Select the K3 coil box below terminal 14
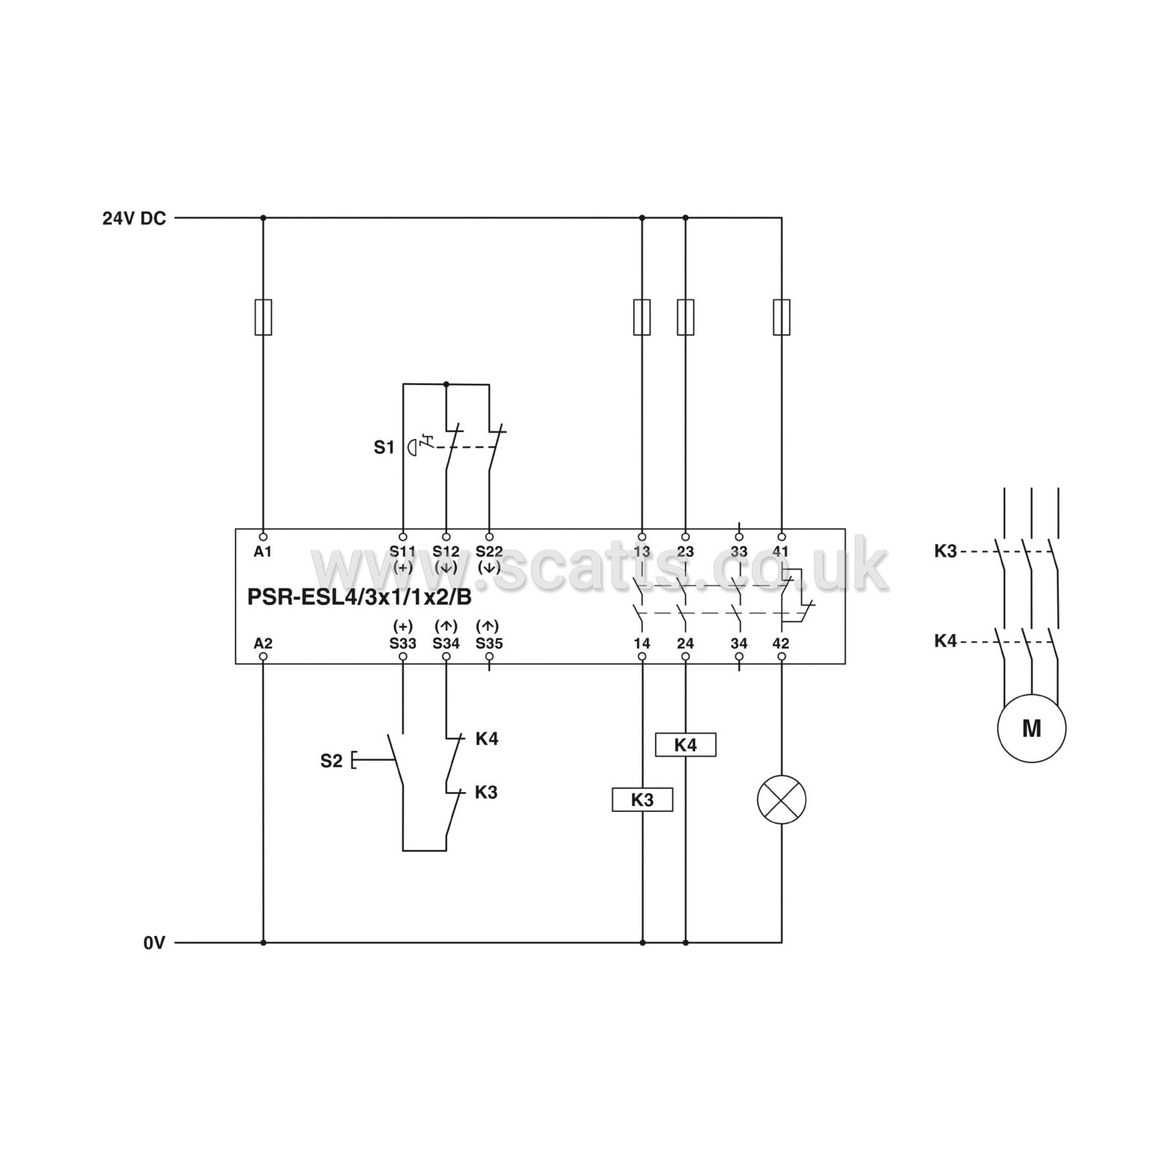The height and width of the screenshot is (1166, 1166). (x=642, y=799)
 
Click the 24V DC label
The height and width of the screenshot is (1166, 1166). (x=134, y=218)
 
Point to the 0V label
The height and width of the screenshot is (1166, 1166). (x=153, y=943)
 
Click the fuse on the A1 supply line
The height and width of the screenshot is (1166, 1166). (x=263, y=317)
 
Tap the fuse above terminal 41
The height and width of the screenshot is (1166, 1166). (x=782, y=317)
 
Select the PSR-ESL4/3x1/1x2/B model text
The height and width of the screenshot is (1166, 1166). (x=359, y=598)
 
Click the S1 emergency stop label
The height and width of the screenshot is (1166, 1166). (x=384, y=447)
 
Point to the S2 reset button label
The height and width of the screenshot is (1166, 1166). (x=332, y=761)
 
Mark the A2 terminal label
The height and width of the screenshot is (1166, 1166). (x=263, y=643)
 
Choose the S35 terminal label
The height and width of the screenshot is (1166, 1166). (x=489, y=643)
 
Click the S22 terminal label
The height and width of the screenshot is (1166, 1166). (x=489, y=551)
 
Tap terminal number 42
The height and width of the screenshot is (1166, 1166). (x=782, y=643)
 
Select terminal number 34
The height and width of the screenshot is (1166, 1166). (x=738, y=643)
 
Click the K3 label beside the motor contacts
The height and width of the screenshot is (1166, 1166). (x=945, y=551)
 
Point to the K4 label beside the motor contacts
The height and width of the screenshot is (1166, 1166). (x=945, y=641)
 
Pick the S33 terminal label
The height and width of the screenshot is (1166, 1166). (x=403, y=643)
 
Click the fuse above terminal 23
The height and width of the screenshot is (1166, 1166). (x=685, y=317)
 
